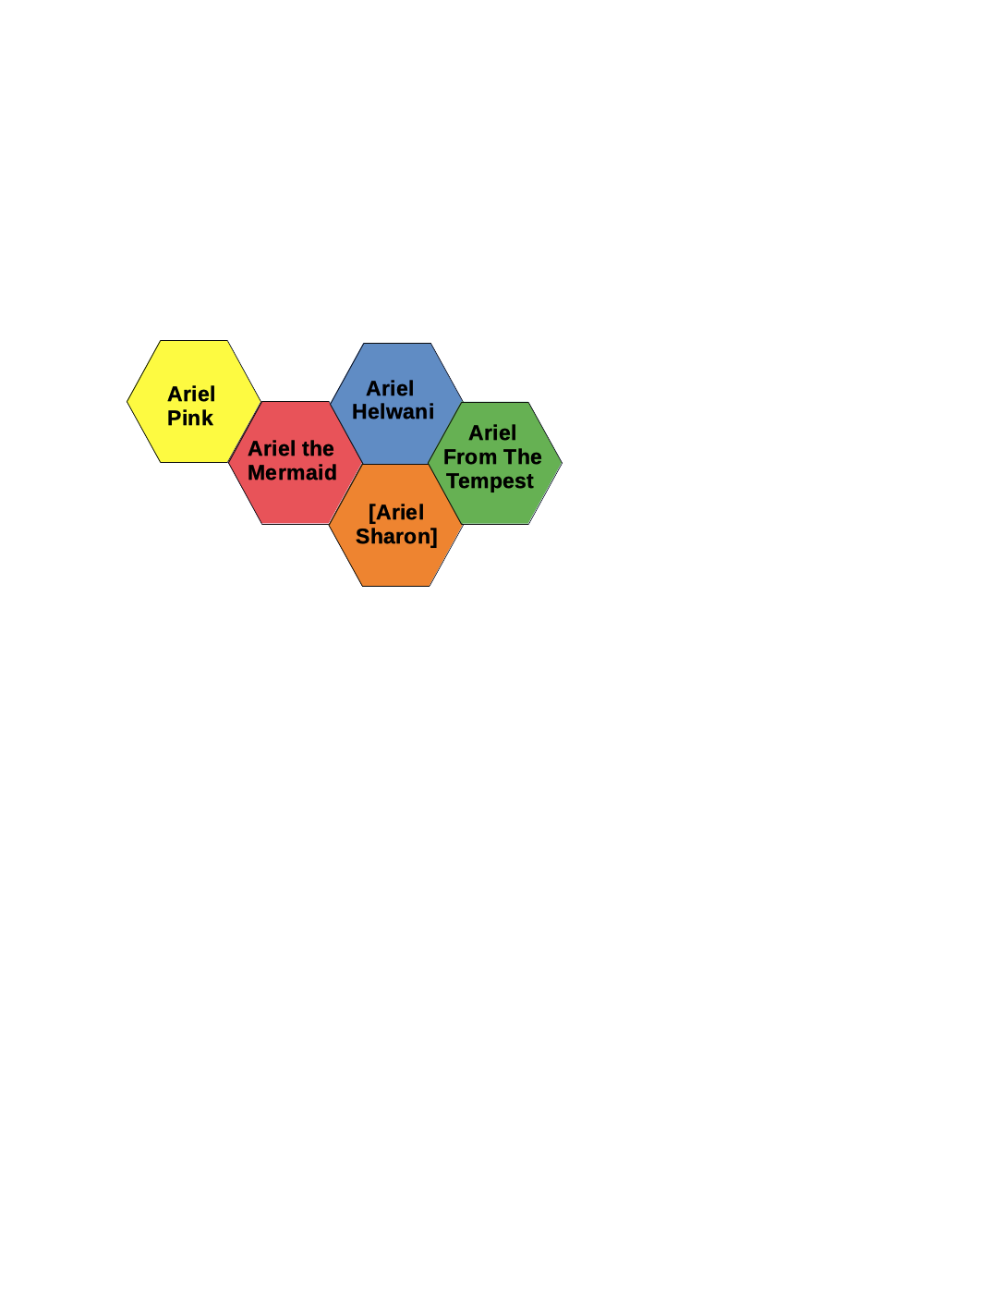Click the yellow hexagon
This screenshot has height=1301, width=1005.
(x=194, y=401)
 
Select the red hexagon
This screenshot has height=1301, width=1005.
(x=295, y=463)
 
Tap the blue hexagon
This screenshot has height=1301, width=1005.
(x=396, y=404)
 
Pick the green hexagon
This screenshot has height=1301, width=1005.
(x=495, y=464)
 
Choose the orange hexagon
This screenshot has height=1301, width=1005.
(x=395, y=525)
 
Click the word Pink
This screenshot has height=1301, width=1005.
(x=189, y=418)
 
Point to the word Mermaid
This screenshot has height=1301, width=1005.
(x=292, y=472)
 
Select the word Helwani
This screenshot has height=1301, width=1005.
(x=393, y=412)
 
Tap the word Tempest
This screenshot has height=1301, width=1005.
(x=490, y=481)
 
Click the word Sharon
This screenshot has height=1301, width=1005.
(x=393, y=536)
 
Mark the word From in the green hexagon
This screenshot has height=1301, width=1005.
(x=470, y=456)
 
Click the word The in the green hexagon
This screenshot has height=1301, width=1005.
(x=523, y=456)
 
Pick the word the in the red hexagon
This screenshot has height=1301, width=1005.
(x=317, y=448)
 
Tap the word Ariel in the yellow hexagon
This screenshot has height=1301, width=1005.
(x=191, y=394)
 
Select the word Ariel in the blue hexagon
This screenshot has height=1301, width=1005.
(x=390, y=389)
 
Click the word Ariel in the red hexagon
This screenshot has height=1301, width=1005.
(x=272, y=448)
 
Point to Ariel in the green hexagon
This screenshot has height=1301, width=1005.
(x=492, y=432)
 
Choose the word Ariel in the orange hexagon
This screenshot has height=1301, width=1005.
(x=400, y=513)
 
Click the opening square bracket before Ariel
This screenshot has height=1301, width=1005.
(x=371, y=513)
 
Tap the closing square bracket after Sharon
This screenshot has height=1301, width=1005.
(x=434, y=537)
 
